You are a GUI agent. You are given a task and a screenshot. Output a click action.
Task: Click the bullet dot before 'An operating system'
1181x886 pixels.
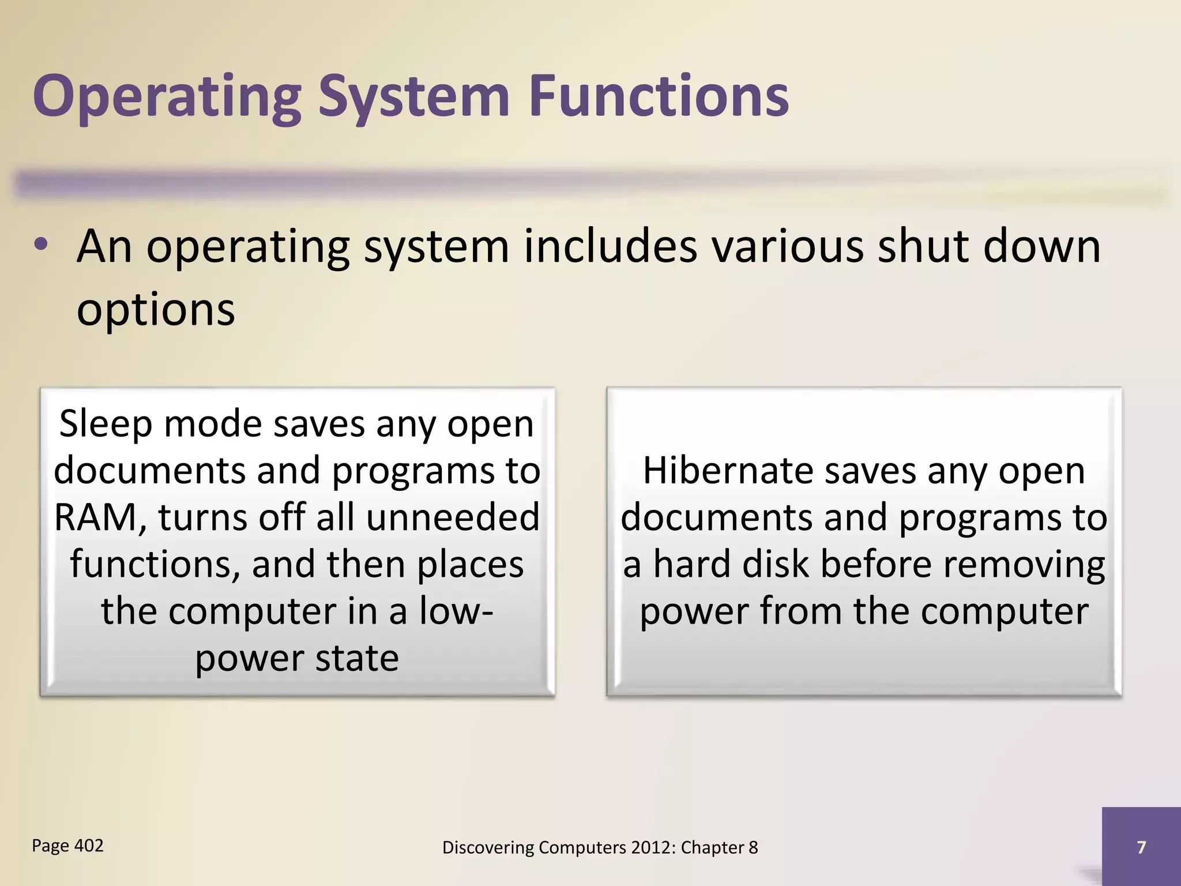(x=40, y=246)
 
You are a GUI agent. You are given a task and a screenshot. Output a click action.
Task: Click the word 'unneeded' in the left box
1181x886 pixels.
(x=453, y=517)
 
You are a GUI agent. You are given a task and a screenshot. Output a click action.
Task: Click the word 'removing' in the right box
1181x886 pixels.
(x=1024, y=564)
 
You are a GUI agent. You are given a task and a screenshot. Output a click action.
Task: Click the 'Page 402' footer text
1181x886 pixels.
(x=67, y=846)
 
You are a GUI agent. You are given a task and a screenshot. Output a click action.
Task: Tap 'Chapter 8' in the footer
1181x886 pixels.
(x=720, y=847)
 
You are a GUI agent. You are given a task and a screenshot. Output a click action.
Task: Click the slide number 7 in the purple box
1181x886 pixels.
(x=1141, y=847)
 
